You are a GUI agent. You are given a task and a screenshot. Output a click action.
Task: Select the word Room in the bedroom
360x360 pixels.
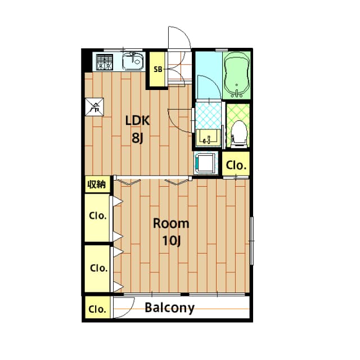[171, 223]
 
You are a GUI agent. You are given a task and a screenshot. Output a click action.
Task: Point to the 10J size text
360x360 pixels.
[171, 241]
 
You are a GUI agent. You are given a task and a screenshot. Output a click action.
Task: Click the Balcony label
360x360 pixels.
[169, 308]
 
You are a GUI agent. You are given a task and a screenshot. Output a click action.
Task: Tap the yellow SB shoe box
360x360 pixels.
[158, 70]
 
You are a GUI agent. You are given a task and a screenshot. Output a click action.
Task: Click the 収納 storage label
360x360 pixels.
[96, 184]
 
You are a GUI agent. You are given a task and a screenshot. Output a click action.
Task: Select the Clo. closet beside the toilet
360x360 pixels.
[236, 165]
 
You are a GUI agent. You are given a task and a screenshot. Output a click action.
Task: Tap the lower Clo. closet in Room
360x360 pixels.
[98, 268]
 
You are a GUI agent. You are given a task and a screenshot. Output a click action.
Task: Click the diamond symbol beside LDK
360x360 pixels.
[95, 107]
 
